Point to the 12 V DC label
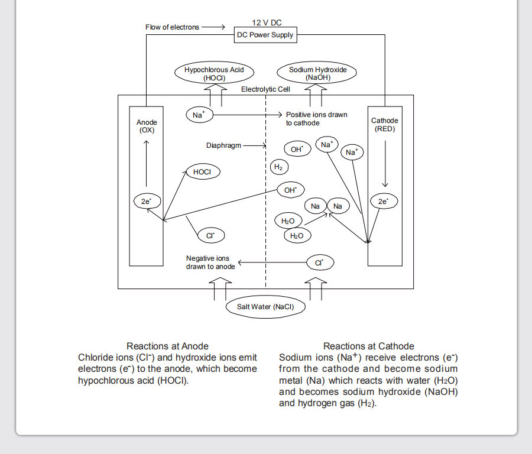click(267, 22)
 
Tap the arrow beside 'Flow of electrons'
click(213, 27)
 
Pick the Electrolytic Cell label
click(265, 89)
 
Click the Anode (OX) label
click(147, 127)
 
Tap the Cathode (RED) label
click(385, 125)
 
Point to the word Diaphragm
click(223, 145)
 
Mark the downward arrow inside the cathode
click(385, 164)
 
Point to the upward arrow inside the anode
click(146, 164)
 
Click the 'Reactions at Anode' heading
click(167, 346)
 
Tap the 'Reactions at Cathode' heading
click(368, 346)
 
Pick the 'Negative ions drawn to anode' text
click(210, 262)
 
